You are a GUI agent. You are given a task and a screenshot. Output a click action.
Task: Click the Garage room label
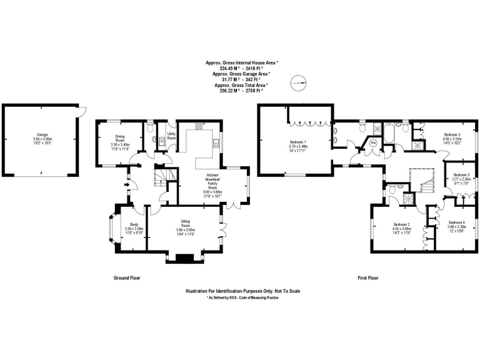coord(42,134)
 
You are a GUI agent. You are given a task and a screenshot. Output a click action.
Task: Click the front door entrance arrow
coord(127,184)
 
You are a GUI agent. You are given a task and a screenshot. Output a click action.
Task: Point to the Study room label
coord(134,224)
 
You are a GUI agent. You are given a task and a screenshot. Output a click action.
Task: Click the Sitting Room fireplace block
coord(185,258)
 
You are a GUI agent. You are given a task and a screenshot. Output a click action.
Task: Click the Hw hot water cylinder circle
coord(374,142)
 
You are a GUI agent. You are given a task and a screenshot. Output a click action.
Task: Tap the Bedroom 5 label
coord(461,174)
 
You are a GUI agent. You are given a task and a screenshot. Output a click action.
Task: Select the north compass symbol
coord(300,82)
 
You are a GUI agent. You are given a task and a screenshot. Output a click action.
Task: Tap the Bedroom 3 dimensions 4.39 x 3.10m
coord(452,139)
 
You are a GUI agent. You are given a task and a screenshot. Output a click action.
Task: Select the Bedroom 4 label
coord(457,222)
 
